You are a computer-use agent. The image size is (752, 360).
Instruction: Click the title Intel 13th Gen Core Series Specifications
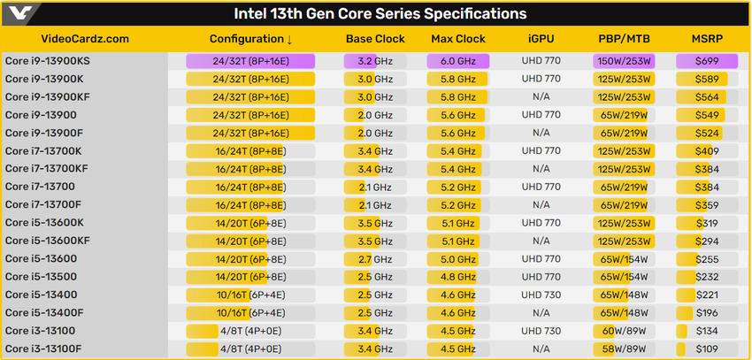coord(380,13)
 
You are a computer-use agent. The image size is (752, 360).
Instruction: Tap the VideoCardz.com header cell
coord(85,39)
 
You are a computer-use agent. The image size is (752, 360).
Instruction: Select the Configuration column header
coord(250,39)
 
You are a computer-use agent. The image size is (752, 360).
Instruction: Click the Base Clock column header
coord(375,39)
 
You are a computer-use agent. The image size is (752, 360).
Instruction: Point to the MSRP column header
coord(708,39)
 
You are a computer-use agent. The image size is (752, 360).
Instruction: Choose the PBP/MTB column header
coord(624,39)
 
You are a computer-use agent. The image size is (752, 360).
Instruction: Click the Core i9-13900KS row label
coord(48,61)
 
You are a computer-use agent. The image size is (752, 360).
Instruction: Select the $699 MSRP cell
coord(707,61)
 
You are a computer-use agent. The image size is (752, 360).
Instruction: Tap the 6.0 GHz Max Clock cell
coord(458,61)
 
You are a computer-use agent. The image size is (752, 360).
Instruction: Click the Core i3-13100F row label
coord(45,349)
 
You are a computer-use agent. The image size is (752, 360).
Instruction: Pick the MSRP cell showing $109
coord(707,349)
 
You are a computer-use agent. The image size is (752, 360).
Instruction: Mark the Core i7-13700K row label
coord(43,150)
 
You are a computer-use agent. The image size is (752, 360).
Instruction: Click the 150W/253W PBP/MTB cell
coord(624,61)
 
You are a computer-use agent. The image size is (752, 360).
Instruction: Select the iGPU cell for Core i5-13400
coord(541,295)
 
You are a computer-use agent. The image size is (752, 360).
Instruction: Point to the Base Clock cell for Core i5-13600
coord(375,258)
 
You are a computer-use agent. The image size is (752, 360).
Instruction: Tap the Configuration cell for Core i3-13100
coord(250,331)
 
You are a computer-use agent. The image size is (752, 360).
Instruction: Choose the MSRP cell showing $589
coord(707,79)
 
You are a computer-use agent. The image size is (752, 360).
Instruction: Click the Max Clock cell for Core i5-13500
coord(458,276)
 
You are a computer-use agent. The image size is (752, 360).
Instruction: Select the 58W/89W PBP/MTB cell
coord(624,349)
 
